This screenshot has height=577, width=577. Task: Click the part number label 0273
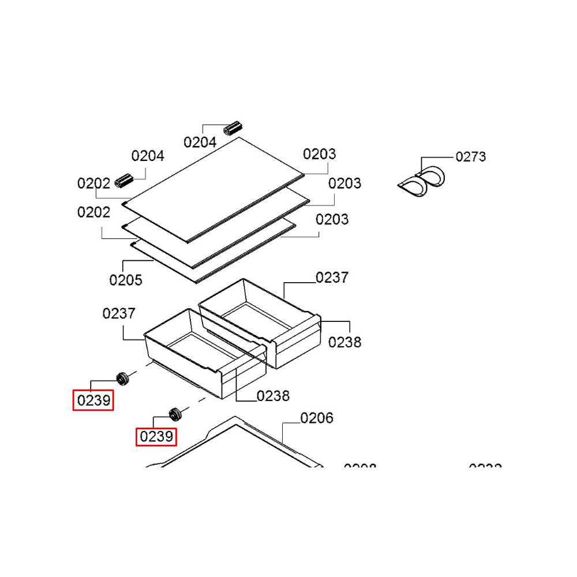(x=470, y=156)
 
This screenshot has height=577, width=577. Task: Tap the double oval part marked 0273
(x=422, y=182)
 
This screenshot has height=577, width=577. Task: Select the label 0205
(x=126, y=280)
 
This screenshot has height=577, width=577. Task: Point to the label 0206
(x=317, y=418)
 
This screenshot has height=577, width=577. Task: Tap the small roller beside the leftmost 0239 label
(x=122, y=379)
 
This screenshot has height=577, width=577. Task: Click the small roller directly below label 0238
(x=174, y=413)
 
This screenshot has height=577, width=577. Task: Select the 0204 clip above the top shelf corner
(x=234, y=128)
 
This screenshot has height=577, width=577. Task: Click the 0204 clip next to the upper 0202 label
(x=125, y=180)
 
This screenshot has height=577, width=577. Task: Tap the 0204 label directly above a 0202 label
(x=148, y=155)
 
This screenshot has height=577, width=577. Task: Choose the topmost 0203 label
(x=320, y=154)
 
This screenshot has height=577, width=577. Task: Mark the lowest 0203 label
(x=332, y=219)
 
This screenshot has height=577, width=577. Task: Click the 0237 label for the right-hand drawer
(x=332, y=278)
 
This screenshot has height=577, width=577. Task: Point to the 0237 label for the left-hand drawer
(x=119, y=313)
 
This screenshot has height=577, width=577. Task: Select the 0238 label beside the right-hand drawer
(x=345, y=342)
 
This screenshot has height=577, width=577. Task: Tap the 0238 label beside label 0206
(x=273, y=396)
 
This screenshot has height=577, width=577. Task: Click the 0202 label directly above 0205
(x=93, y=212)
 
